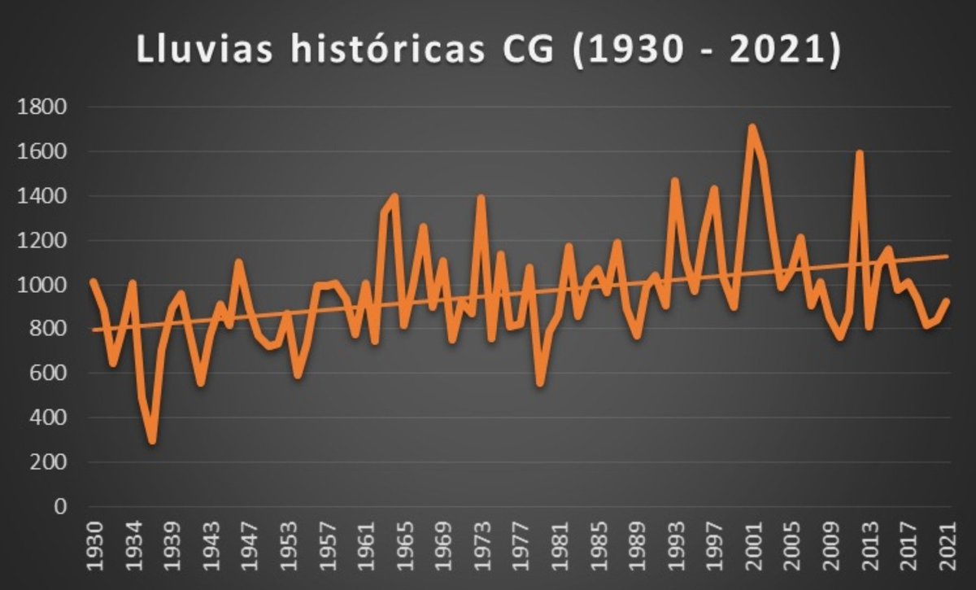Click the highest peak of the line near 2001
752,127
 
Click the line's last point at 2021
948,300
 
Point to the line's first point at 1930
93,281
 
